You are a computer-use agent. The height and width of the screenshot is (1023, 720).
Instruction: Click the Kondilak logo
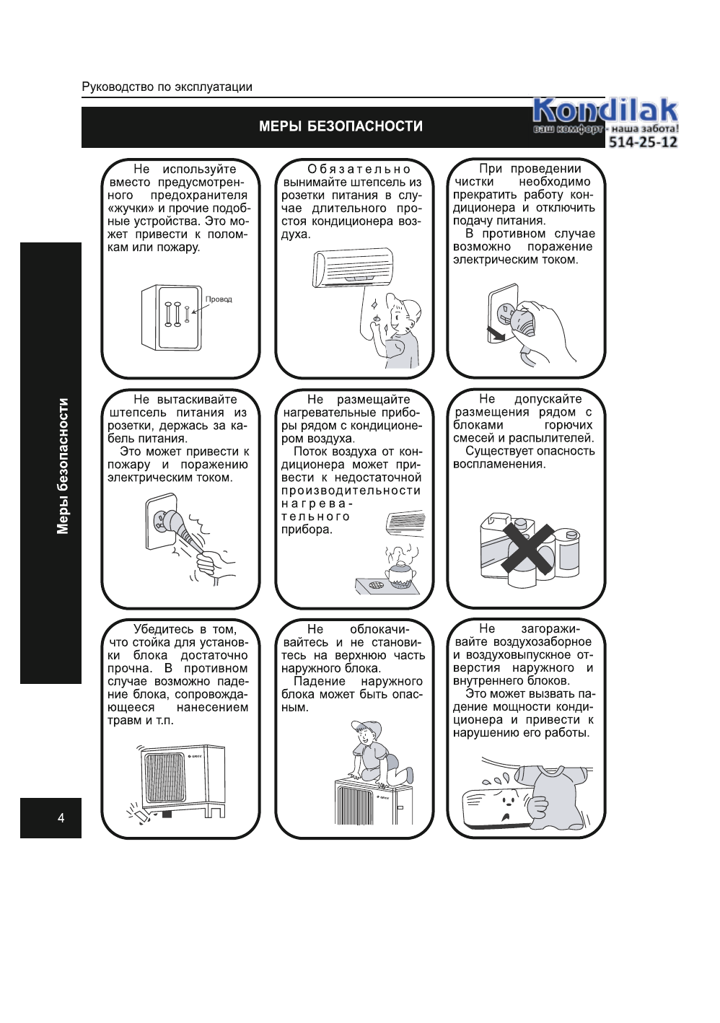(x=605, y=112)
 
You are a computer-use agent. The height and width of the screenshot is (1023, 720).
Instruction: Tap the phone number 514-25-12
(x=642, y=142)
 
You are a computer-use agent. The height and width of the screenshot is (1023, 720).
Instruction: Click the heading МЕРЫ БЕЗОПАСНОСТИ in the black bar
(x=341, y=126)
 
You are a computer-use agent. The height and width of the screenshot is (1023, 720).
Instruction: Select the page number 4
(x=61, y=817)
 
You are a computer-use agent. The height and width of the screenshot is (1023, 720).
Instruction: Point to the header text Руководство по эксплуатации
(x=167, y=87)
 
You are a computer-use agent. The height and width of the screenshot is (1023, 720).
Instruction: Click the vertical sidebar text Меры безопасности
(x=63, y=466)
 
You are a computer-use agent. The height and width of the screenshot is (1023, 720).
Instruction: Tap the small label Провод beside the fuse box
(x=219, y=299)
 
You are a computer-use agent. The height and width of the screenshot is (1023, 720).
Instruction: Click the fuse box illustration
(x=170, y=317)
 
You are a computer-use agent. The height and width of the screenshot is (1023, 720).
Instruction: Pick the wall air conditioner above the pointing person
(x=353, y=267)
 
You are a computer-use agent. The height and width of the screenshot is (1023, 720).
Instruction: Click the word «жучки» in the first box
(x=131, y=208)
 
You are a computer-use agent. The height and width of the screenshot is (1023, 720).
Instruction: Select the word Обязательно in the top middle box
(x=359, y=170)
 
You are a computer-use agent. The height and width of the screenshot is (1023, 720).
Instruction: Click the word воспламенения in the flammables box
(x=499, y=464)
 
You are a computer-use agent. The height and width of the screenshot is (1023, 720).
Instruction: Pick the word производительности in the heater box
(x=351, y=491)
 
